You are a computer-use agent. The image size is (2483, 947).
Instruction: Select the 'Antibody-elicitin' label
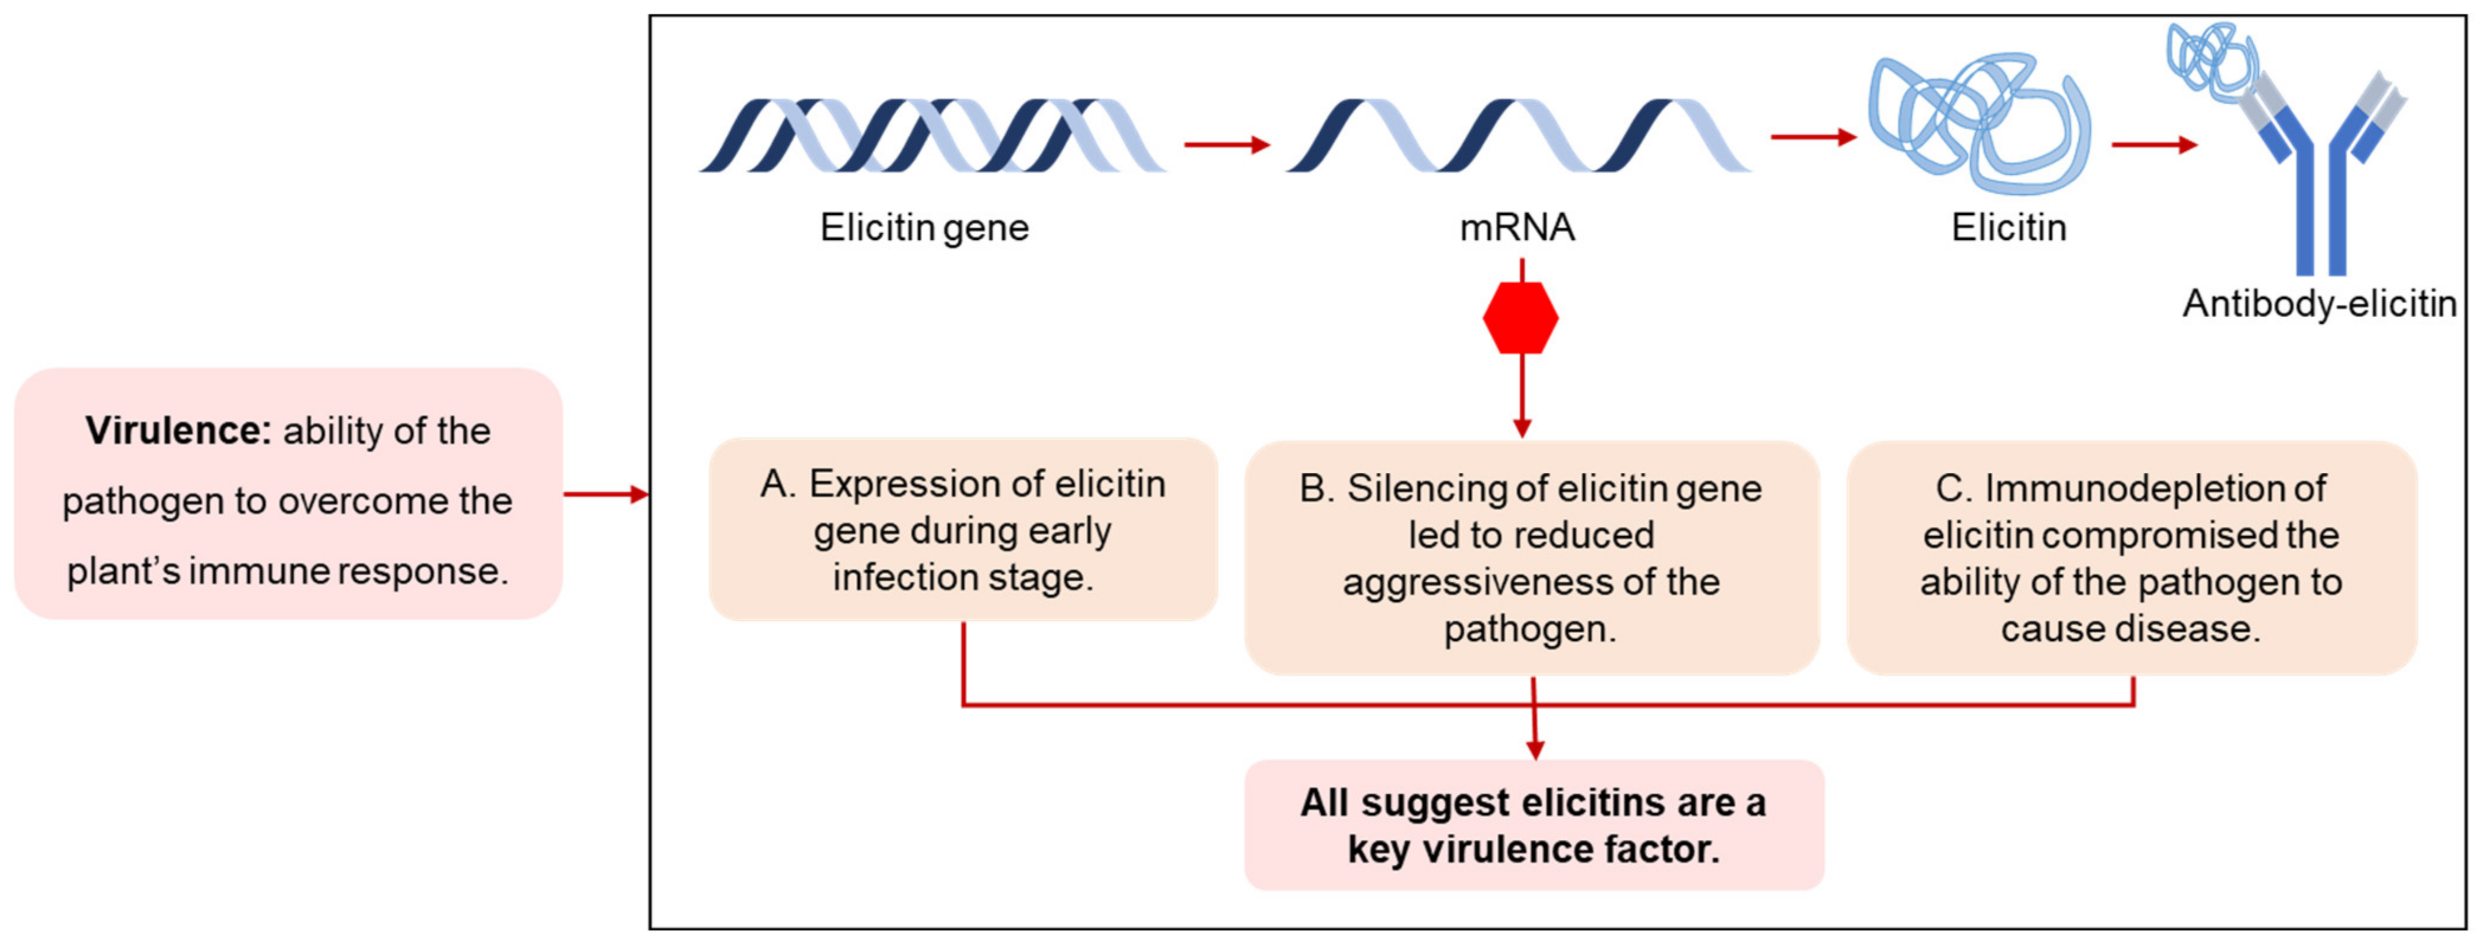(2319, 304)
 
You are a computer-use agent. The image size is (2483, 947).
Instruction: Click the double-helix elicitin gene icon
(932, 135)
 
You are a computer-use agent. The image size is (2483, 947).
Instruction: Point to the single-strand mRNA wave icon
(1518, 135)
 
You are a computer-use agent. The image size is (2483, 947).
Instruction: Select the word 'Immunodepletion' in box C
(2155, 488)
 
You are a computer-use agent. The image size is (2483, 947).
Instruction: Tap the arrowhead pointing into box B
(1522, 429)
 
